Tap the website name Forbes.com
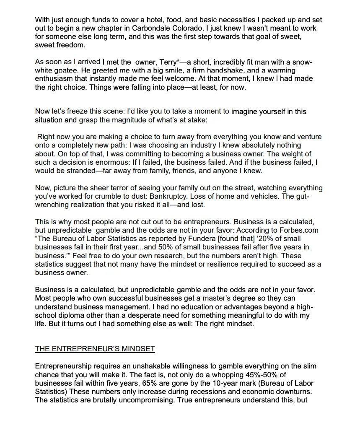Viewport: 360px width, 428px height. (x=298, y=230)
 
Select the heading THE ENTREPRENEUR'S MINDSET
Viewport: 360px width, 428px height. (x=95, y=349)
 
